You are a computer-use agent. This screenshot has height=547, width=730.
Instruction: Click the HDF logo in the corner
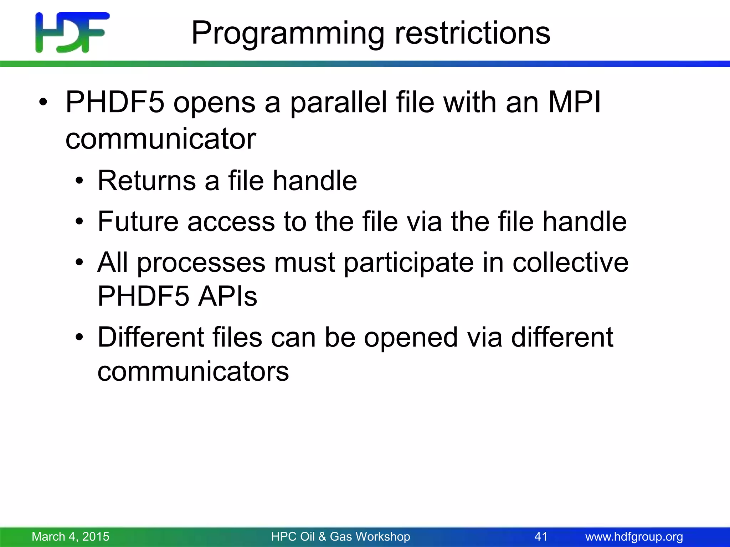72,32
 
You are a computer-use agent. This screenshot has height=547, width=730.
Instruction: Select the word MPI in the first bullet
574,103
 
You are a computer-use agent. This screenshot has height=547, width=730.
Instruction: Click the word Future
138,222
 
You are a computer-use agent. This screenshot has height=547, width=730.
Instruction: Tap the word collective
570,262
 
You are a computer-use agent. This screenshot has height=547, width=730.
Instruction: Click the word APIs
227,296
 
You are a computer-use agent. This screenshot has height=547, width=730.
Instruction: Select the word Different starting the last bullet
150,337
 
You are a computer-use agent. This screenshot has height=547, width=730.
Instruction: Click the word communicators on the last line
193,371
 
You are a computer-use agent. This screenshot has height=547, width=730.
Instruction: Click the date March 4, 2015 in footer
71,536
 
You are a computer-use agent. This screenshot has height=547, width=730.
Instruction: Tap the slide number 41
541,536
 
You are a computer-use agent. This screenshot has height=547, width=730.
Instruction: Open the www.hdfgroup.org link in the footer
634,537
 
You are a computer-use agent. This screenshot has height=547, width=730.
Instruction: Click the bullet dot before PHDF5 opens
43,103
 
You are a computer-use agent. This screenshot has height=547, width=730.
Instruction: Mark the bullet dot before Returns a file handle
79,181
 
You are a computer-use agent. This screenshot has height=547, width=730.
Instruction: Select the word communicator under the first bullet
161,139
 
